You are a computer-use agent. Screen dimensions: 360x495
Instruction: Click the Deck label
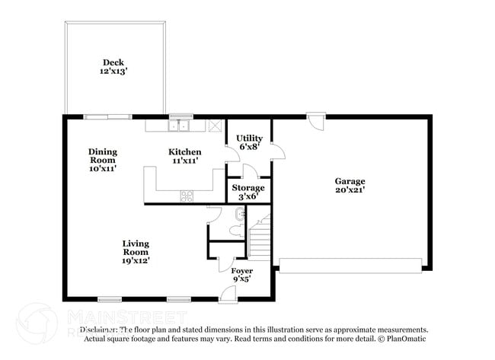coord(113,62)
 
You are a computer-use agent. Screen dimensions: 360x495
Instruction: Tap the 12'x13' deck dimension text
coord(113,72)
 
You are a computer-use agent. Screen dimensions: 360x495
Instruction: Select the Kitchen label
coord(184,151)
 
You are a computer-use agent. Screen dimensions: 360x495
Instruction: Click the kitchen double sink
coord(180,126)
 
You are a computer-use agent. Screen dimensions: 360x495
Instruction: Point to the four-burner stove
coord(187,196)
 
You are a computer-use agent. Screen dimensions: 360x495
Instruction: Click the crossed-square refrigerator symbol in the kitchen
coord(215,126)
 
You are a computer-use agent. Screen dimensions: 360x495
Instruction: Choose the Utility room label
coord(249,138)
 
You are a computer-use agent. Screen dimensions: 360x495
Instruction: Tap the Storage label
coord(248,187)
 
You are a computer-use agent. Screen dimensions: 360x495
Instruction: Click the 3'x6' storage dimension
coord(248,196)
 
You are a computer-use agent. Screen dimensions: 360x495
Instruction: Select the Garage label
coord(350,180)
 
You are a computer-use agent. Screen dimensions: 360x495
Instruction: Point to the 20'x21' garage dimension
coord(350,190)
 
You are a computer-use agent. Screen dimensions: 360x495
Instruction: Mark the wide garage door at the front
coord(350,265)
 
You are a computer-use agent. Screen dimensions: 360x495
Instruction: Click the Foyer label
coord(241,270)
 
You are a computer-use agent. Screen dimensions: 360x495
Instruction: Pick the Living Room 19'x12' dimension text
coord(136,260)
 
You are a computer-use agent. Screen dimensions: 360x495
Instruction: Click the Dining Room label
coord(102,155)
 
